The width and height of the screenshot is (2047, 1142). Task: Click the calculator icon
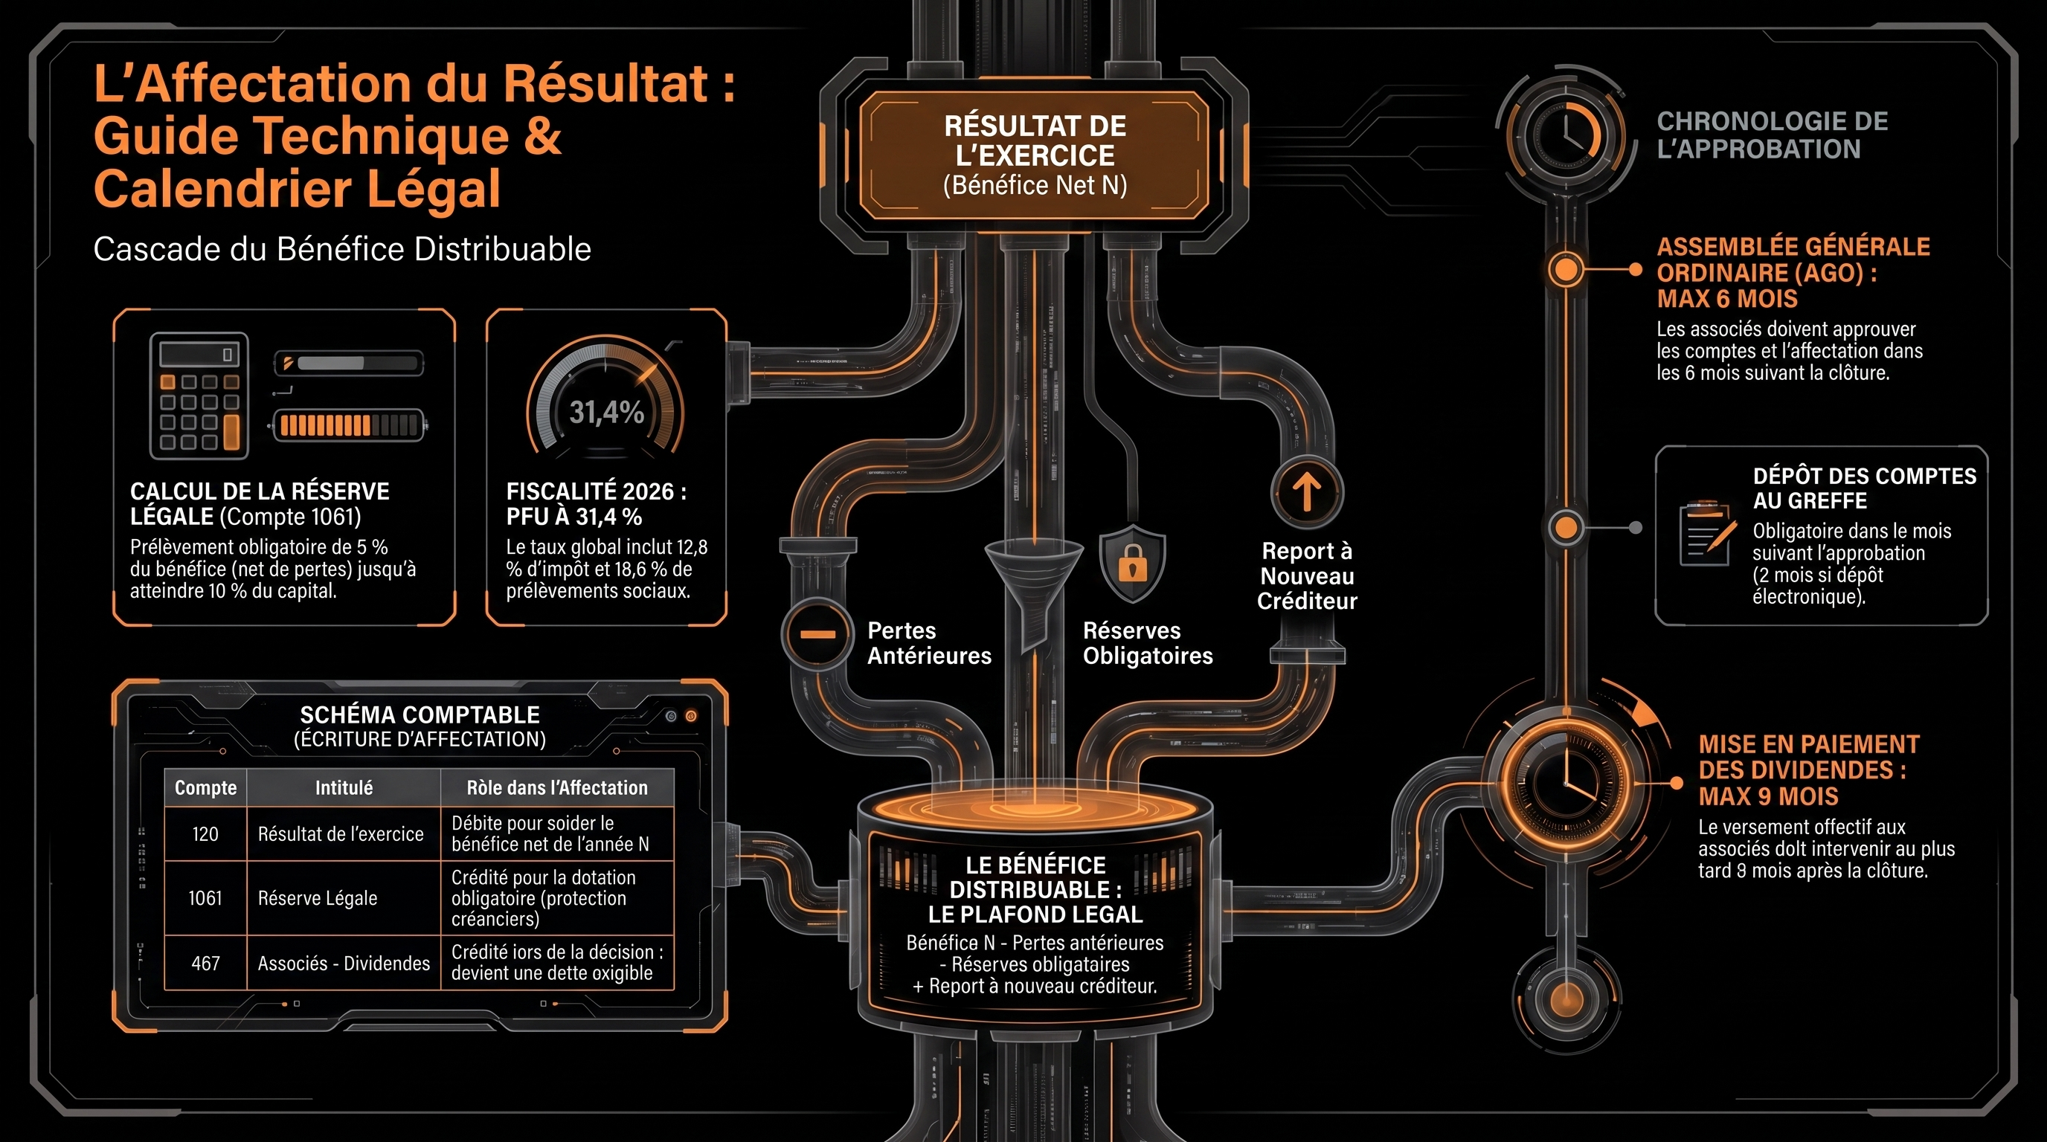(199, 396)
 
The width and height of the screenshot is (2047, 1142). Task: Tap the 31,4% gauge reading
(606, 412)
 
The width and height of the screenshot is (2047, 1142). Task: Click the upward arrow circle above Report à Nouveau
(1306, 491)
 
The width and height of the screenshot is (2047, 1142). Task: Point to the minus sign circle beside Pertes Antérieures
(817, 633)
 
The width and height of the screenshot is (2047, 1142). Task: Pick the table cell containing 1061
(205, 898)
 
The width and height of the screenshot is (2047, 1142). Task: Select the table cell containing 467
(205, 964)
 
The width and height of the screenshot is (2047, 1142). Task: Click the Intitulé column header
(344, 788)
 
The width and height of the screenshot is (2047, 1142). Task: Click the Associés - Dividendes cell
(344, 964)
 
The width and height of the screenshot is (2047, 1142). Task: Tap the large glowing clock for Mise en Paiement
(1566, 783)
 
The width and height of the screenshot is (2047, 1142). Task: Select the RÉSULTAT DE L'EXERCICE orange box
(1035, 155)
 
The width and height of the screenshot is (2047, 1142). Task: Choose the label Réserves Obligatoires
(1148, 643)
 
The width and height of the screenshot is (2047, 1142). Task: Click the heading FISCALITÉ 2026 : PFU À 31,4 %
(597, 504)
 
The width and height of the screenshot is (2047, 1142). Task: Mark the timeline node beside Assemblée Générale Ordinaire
(1566, 270)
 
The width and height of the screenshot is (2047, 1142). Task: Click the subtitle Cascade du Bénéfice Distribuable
(342, 249)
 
